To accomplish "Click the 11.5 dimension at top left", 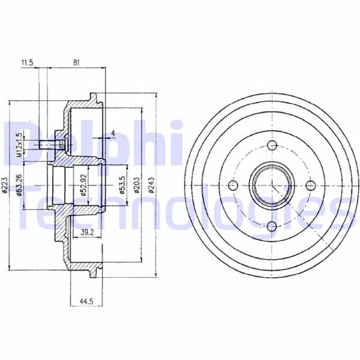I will pyautogui.click(x=26, y=62).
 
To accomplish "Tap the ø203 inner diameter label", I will pyautogui.click(x=137, y=184).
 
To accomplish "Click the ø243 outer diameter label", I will pyautogui.click(x=151, y=184).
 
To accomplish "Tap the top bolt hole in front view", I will pyautogui.click(x=272, y=145).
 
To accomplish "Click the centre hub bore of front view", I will pyautogui.click(x=272, y=185).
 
